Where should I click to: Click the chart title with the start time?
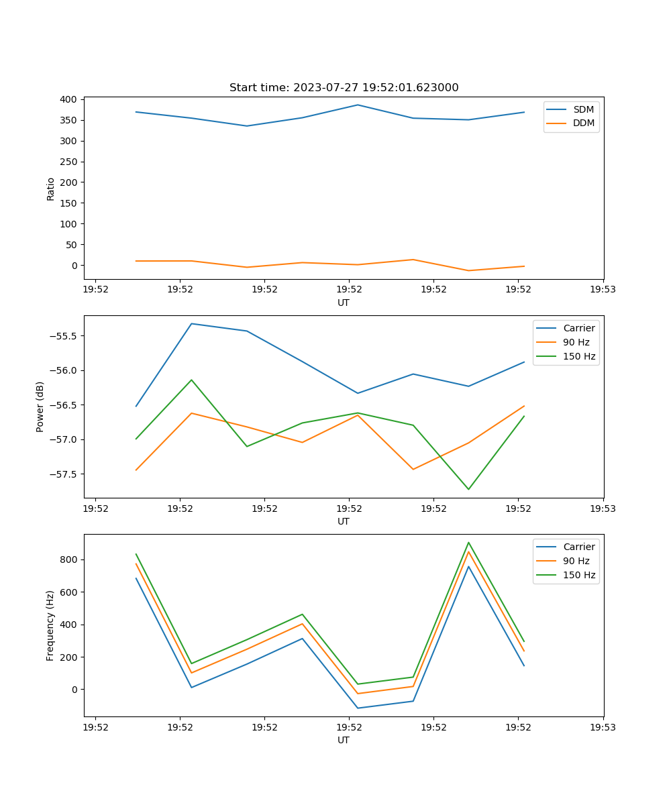[x=344, y=88]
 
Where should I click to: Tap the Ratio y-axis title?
[x=51, y=189]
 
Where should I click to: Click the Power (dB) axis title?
[x=40, y=407]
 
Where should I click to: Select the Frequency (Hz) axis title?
[x=50, y=625]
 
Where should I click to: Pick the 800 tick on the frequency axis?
[x=69, y=559]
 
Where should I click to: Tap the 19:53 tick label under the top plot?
[x=603, y=290]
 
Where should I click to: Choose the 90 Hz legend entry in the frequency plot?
[x=576, y=561]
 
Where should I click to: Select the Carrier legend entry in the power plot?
[x=578, y=328]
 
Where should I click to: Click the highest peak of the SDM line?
[x=358, y=105]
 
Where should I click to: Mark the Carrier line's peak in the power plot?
[x=191, y=324]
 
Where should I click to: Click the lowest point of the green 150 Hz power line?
[x=468, y=489]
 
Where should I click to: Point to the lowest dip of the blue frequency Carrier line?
[x=358, y=708]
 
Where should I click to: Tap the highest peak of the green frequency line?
[x=468, y=543]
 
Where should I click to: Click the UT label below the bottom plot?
[x=344, y=740]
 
